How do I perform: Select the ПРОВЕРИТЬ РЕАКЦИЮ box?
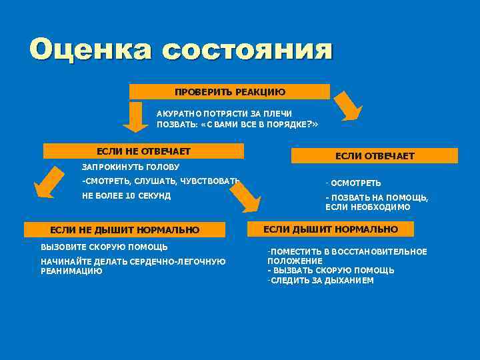pyautogui.click(x=229, y=91)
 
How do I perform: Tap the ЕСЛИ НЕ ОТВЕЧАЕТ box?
pyautogui.click(x=143, y=151)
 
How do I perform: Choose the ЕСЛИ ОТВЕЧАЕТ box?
pyautogui.click(x=375, y=156)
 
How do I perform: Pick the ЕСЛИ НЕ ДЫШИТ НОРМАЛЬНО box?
pyautogui.click(x=125, y=230)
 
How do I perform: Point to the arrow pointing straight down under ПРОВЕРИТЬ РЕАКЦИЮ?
pyautogui.click(x=136, y=117)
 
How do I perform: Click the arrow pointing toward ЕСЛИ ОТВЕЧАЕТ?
pyautogui.click(x=347, y=105)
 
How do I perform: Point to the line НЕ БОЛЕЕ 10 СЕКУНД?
pyautogui.click(x=126, y=196)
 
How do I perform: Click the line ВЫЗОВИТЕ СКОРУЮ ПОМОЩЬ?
pyautogui.click(x=104, y=247)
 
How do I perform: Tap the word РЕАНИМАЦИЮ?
pyautogui.click(x=71, y=271)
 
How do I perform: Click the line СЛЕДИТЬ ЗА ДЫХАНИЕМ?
pyautogui.click(x=322, y=281)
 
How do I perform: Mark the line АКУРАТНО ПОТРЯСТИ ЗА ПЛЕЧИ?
pyautogui.click(x=224, y=114)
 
